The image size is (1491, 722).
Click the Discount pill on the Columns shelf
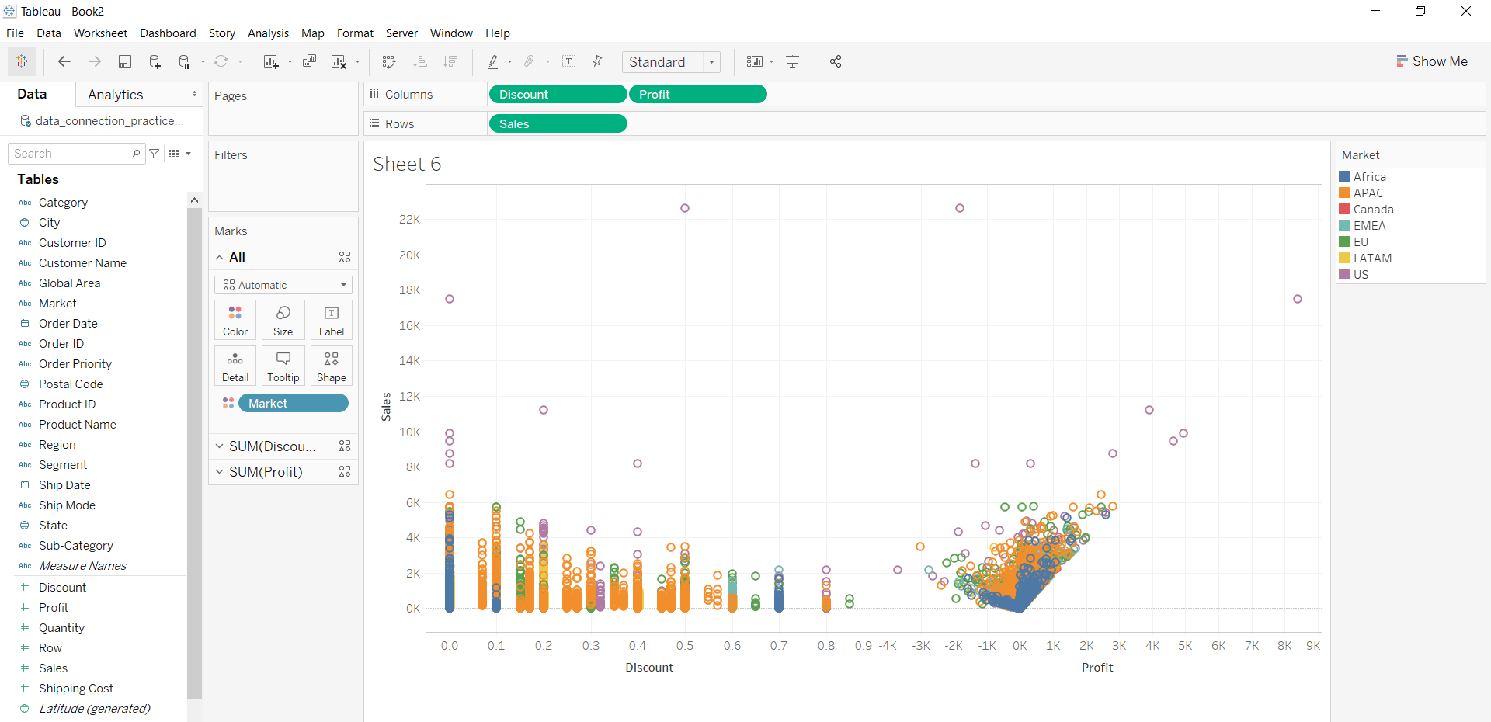point(557,94)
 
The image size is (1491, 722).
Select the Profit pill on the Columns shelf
point(697,94)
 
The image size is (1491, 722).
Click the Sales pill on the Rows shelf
point(557,123)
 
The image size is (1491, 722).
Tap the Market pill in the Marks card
point(293,403)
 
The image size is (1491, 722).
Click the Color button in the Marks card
point(235,320)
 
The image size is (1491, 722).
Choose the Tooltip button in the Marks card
point(283,366)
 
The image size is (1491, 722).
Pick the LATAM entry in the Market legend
point(1371,258)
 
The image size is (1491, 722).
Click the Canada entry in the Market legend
point(1372,209)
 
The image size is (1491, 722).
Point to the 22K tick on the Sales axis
point(409,220)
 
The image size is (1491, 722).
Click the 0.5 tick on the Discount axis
point(685,645)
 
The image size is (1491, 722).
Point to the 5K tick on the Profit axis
point(1185,645)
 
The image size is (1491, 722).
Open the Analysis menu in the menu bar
point(268,33)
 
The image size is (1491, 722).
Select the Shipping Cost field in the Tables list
point(76,688)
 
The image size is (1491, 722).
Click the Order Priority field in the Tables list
point(75,363)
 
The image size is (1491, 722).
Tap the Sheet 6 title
point(407,164)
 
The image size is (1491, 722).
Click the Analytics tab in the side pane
point(116,95)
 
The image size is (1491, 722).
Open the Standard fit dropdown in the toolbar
point(671,62)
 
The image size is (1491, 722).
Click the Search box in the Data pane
point(72,154)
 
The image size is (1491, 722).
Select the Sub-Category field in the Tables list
point(76,545)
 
